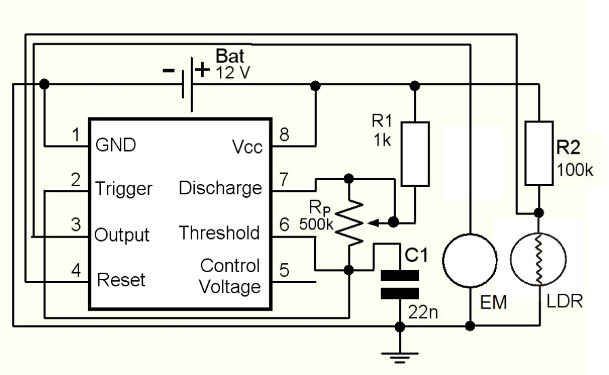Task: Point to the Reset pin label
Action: [121, 279]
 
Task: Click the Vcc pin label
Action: [247, 148]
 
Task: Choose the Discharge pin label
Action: [220, 187]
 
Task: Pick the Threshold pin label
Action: [219, 233]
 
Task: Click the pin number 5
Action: [284, 269]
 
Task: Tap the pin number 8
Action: [284, 135]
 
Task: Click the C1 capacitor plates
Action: [400, 284]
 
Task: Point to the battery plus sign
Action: [201, 68]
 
